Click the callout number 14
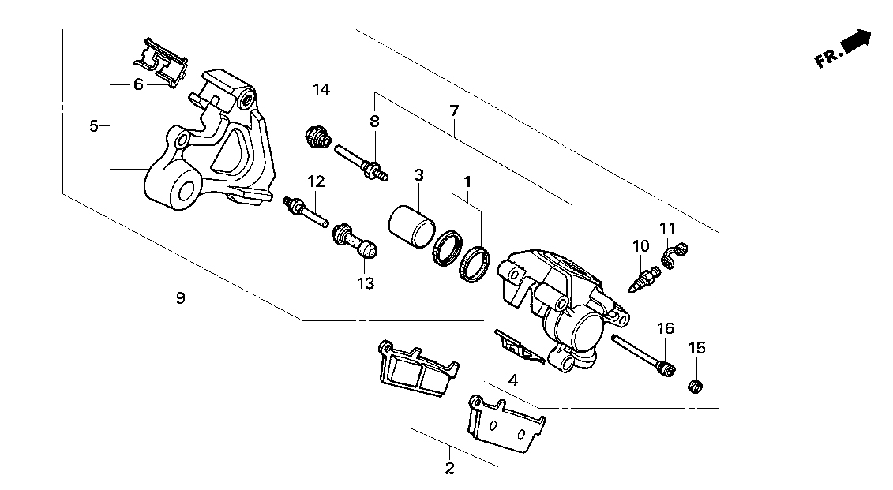click(x=321, y=89)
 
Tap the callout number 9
click(x=181, y=298)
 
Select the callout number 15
click(x=696, y=348)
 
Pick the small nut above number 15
click(x=695, y=386)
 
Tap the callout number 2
click(x=450, y=469)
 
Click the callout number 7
click(x=454, y=111)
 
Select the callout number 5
click(x=94, y=125)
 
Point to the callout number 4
click(x=513, y=380)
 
